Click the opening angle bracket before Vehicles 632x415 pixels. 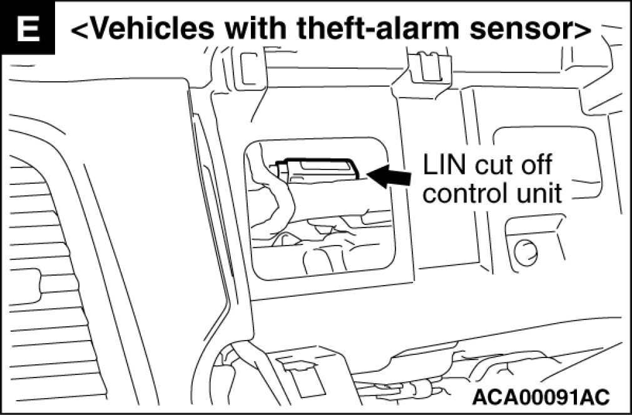(x=81, y=29)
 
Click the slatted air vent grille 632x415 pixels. (x=38, y=262)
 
